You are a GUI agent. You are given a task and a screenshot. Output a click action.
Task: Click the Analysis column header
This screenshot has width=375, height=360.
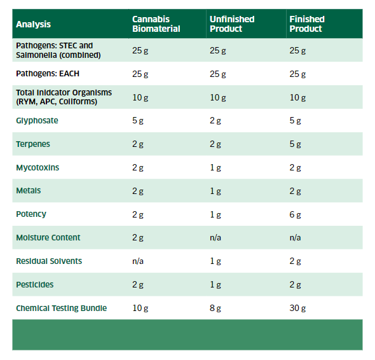[33, 24]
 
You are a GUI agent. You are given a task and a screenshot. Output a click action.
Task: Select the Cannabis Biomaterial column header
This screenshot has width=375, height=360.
[156, 24]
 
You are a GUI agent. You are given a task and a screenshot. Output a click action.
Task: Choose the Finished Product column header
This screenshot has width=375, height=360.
[306, 24]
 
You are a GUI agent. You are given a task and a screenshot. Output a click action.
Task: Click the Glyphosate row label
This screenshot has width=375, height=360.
[37, 120]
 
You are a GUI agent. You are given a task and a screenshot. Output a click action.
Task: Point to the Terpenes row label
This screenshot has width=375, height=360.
[33, 144]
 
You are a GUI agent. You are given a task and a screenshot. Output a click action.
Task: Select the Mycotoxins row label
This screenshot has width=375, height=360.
[37, 168]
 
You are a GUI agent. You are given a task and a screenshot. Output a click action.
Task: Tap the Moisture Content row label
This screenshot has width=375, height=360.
[48, 237]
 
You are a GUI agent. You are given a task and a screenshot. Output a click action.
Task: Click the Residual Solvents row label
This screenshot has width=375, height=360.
[49, 261]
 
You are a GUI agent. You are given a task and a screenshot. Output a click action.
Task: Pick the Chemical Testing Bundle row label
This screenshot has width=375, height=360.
[61, 308]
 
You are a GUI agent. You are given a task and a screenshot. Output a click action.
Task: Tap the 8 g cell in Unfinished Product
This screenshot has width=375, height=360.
[215, 308]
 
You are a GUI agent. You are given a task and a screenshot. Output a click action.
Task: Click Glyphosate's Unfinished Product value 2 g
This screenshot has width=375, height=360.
[215, 121]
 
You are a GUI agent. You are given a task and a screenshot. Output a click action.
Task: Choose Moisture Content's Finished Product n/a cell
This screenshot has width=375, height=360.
[295, 238]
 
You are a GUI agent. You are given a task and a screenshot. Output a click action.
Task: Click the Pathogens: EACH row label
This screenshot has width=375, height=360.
[48, 74]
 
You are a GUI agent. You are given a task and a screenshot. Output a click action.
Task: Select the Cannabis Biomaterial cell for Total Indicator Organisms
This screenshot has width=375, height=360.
[140, 97]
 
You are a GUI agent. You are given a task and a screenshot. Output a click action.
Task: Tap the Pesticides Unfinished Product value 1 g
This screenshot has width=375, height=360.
[215, 285]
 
